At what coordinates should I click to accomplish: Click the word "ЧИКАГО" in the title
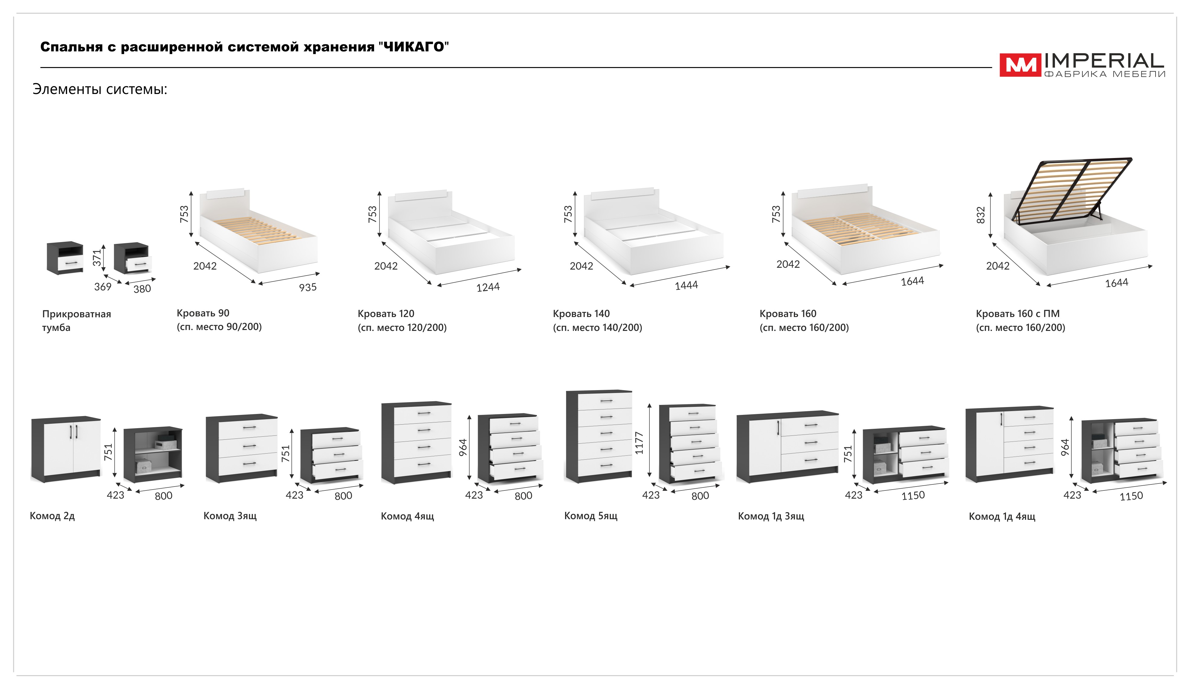(413, 47)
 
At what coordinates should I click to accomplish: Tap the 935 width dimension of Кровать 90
(307, 287)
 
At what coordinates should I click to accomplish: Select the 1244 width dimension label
(487, 287)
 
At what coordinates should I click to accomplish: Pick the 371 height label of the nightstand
(97, 257)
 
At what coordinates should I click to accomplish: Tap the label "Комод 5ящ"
(590, 516)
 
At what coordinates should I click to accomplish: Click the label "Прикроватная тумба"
(76, 320)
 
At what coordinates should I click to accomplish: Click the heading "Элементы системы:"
(100, 89)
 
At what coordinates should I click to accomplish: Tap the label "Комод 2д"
(52, 516)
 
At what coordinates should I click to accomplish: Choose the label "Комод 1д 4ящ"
(1001, 516)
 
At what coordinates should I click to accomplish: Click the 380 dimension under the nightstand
(142, 289)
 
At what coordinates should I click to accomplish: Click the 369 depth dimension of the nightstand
(102, 287)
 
